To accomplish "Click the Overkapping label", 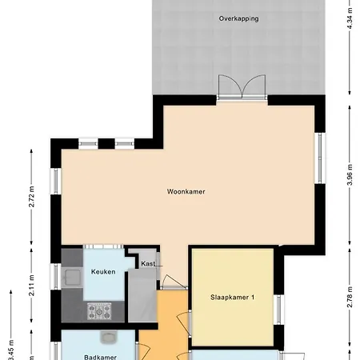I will pos(238,18).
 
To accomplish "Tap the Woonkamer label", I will pos(186,192).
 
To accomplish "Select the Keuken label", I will pos(103,272).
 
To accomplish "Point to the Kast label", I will pos(148,263).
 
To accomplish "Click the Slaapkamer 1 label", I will pos(232,298).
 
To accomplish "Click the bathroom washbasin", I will pos(108,337).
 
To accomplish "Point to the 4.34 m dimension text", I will pos(350,17).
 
